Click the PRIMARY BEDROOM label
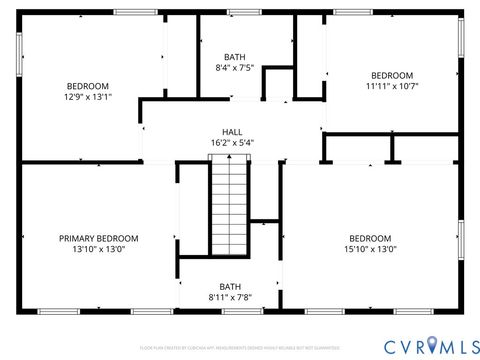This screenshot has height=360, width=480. pyautogui.click(x=98, y=238)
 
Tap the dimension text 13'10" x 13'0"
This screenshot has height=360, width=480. pyautogui.click(x=98, y=250)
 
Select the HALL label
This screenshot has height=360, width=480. pyautogui.click(x=232, y=131)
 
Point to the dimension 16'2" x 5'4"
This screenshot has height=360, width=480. pyautogui.click(x=232, y=143)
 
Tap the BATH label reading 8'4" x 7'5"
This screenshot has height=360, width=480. pyautogui.click(x=235, y=56)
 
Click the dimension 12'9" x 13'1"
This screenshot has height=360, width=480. pyautogui.click(x=88, y=97)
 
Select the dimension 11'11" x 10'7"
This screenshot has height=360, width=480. pyautogui.click(x=391, y=87)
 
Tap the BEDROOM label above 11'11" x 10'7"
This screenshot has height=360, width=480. pyautogui.click(x=391, y=75)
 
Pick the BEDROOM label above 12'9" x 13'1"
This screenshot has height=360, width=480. pyautogui.click(x=88, y=85)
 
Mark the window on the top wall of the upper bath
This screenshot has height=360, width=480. pyautogui.click(x=241, y=13)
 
